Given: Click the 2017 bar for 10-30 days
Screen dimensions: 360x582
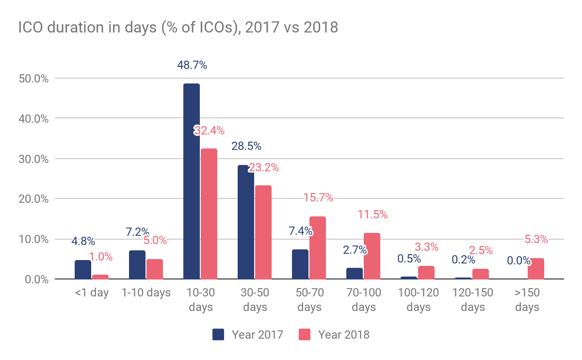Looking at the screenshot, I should click(192, 181).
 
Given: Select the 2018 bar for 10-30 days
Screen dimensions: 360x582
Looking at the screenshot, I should click(209, 214).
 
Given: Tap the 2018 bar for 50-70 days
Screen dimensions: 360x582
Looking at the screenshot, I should click(318, 248).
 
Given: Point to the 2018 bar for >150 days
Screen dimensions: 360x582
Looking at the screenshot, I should click(536, 269).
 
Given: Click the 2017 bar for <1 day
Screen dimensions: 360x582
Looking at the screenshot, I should click(83, 270).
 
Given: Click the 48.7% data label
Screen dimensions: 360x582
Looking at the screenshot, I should click(192, 65).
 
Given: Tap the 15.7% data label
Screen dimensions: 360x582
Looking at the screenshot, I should click(318, 198).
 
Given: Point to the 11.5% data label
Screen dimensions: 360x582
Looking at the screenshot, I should click(372, 214).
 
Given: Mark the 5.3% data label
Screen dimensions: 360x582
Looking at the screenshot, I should click(536, 239).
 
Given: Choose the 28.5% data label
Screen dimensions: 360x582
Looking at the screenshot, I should click(246, 146).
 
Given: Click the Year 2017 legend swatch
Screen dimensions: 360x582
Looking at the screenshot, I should click(218, 334).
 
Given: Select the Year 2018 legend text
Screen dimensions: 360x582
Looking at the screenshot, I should click(344, 334).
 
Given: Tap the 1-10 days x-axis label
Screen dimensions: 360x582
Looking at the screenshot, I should click(146, 293).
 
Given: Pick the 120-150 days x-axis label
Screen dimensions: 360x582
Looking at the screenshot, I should click(473, 300).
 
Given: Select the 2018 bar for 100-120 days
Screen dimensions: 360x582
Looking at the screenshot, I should click(426, 273).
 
